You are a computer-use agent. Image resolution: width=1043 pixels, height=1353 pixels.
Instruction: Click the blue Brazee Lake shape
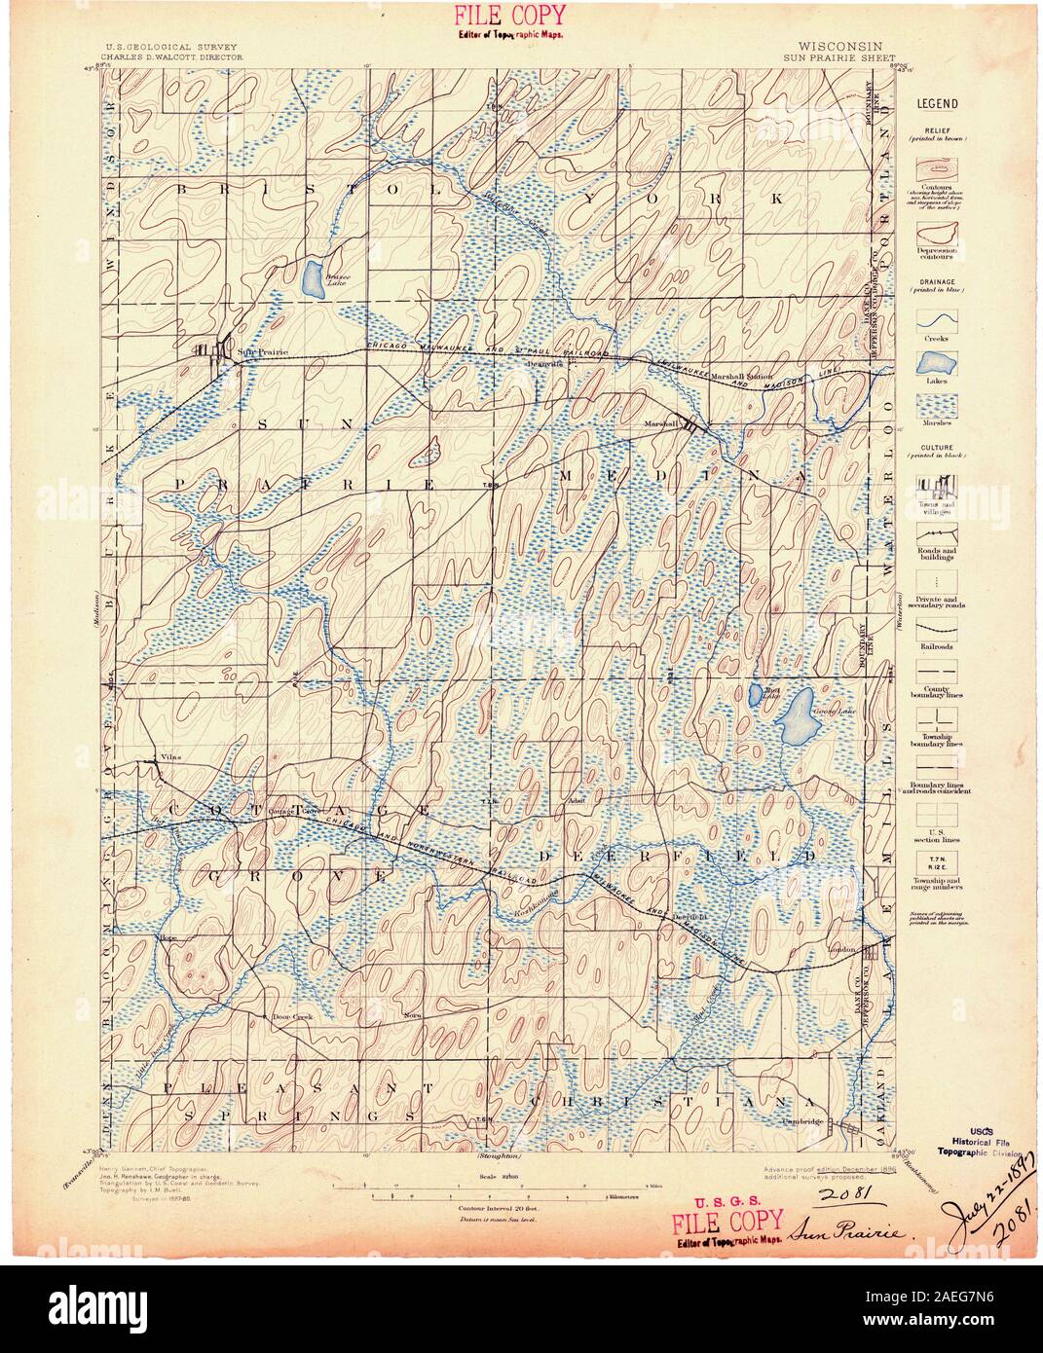[313, 280]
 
